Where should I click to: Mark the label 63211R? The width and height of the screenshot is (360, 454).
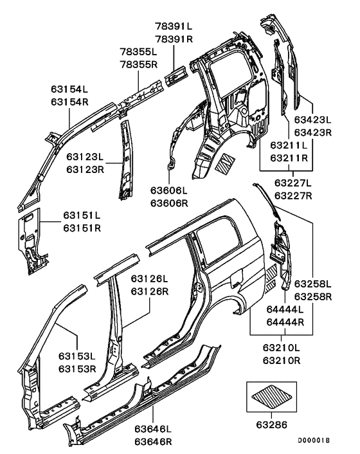(290, 158)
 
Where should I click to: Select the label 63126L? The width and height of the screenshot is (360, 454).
(149, 279)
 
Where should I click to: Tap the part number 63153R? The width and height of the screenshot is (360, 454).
(77, 369)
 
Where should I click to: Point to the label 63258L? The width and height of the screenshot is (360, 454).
(313, 284)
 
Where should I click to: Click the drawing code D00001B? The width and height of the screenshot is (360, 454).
(313, 440)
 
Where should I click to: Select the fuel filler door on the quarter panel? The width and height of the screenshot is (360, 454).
(235, 281)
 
